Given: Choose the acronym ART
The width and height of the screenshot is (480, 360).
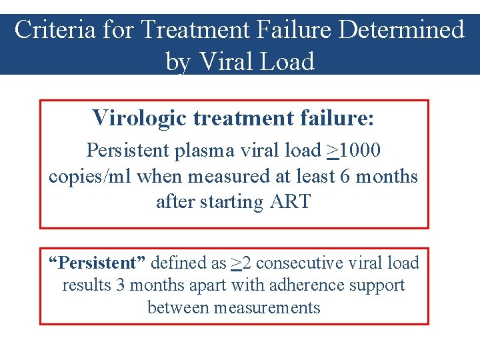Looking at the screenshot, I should coord(290,201).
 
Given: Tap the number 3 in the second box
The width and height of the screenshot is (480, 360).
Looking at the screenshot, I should coord(120,285).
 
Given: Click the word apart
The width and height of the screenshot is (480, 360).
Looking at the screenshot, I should coord(204,285).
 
